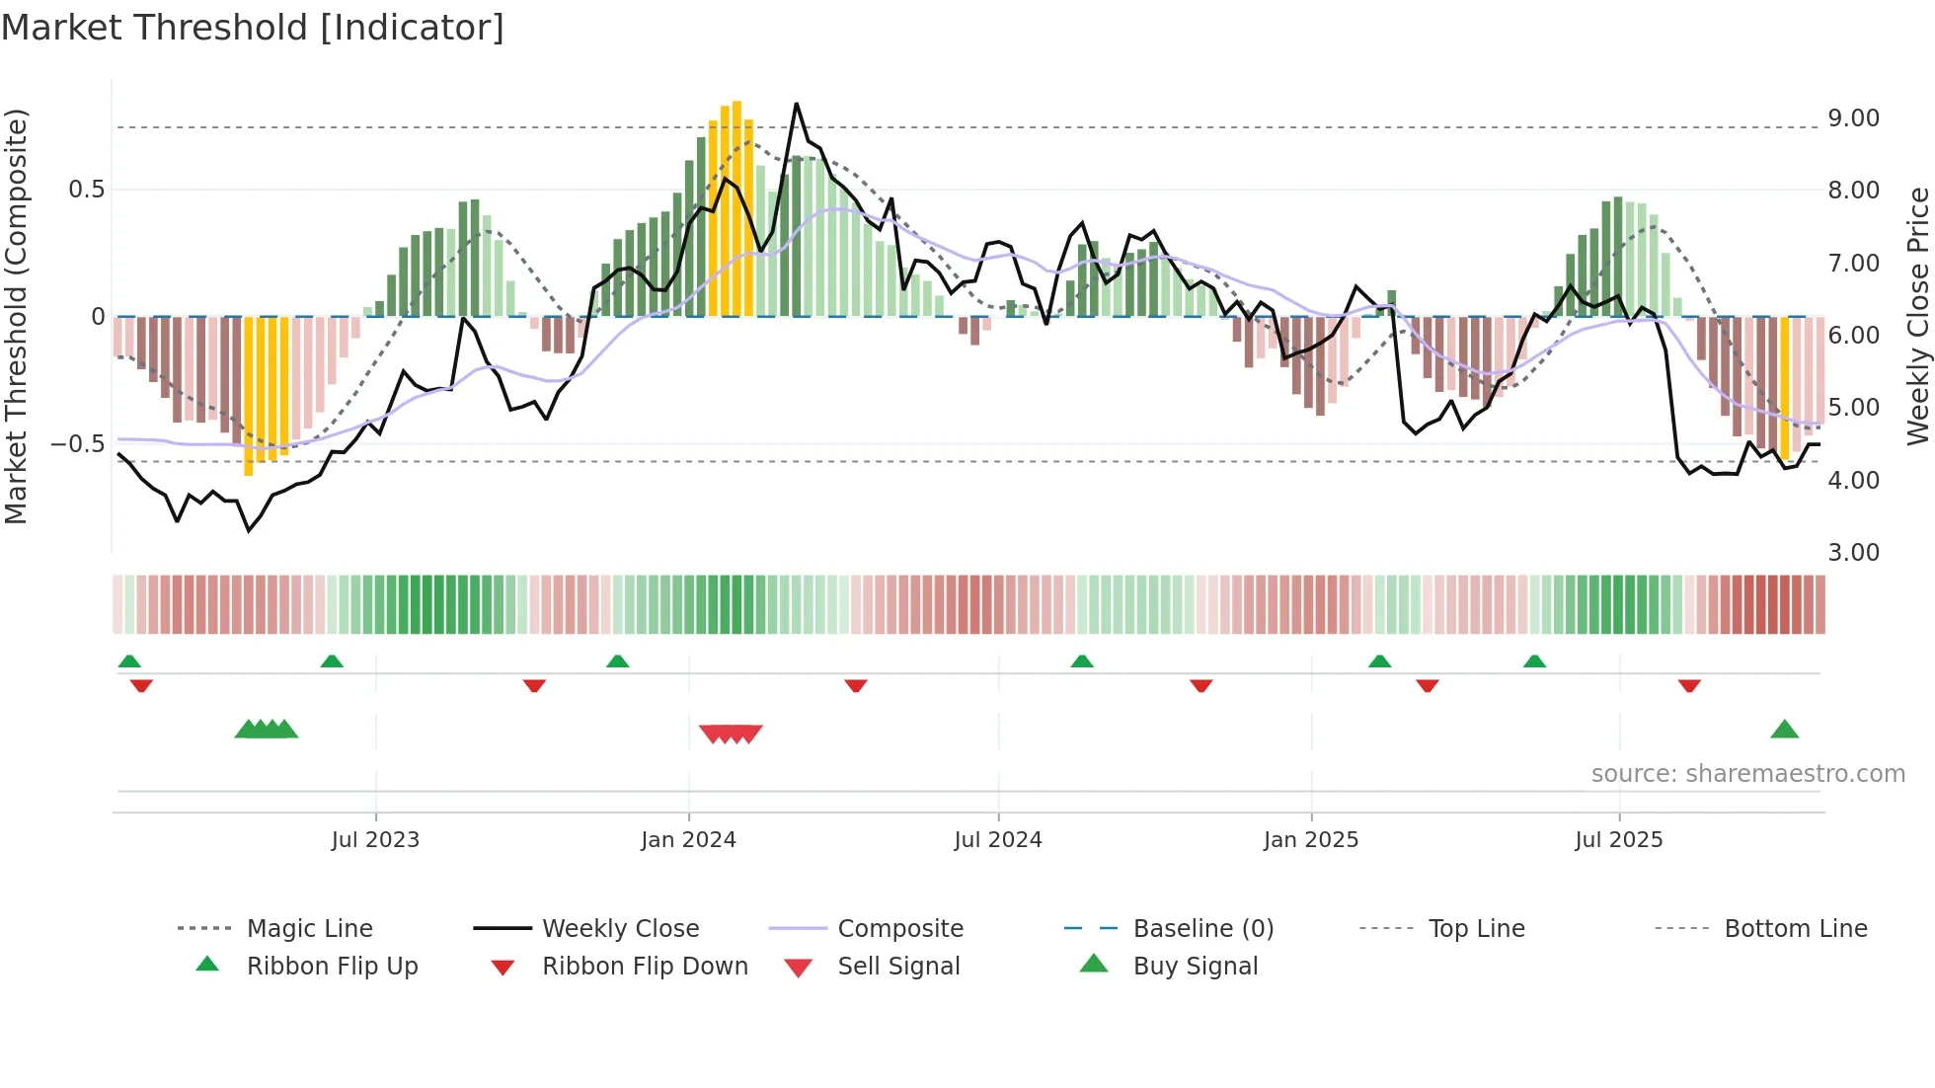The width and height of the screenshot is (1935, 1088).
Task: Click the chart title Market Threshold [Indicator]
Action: (253, 28)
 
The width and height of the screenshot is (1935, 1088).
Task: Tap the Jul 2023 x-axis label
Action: (375, 840)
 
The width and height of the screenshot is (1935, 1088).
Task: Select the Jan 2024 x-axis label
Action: (688, 840)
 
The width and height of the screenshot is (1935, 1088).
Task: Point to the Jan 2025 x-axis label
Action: (1311, 840)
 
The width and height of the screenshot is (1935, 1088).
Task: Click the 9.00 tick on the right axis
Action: (1853, 118)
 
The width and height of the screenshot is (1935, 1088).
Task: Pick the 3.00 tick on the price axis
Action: (1853, 553)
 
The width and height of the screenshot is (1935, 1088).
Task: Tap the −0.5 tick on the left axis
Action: (78, 444)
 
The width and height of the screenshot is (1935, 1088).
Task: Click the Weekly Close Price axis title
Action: (1917, 316)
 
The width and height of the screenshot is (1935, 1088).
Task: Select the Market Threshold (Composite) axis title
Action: (16, 316)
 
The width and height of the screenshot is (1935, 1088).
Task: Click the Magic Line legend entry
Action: (309, 929)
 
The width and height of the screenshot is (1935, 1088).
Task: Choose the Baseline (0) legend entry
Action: (1202, 929)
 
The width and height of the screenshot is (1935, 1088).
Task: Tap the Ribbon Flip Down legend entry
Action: (645, 967)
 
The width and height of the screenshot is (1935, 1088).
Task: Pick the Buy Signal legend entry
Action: (1195, 967)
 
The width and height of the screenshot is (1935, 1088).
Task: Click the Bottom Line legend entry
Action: (1795, 929)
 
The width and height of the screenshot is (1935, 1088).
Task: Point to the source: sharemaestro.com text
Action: (1747, 774)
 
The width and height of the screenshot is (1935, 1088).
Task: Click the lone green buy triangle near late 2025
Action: (1784, 731)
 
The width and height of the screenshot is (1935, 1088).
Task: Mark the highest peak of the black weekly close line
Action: (796, 104)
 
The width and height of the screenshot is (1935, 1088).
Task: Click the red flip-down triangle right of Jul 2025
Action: (1689, 685)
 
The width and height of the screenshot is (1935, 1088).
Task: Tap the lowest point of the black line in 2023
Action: (249, 531)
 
